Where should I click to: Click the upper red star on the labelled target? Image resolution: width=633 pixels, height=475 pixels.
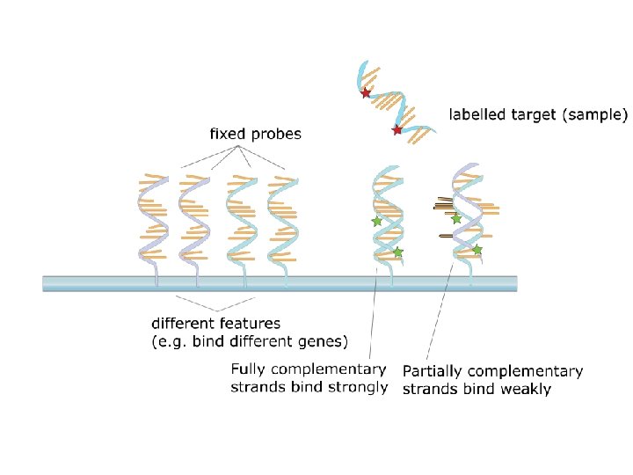click(366, 92)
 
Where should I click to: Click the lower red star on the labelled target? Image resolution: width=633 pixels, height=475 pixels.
click(397, 130)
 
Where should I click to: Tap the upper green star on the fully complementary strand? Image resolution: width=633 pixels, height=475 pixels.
click(377, 222)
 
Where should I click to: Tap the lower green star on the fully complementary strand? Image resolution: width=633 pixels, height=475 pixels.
click(397, 252)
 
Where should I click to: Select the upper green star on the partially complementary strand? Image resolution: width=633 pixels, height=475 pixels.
click(456, 218)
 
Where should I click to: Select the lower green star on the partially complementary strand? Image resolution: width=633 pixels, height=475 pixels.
click(477, 250)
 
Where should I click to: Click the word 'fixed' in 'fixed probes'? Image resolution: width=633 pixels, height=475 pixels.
click(227, 135)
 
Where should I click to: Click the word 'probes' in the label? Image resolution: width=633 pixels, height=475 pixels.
click(274, 135)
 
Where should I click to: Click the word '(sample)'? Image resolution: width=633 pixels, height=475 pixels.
click(597, 115)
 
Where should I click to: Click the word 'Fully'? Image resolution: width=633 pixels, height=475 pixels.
click(249, 369)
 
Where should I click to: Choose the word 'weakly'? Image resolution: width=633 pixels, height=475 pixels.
click(524, 389)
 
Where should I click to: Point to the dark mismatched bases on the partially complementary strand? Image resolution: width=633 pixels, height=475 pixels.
click(442, 208)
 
